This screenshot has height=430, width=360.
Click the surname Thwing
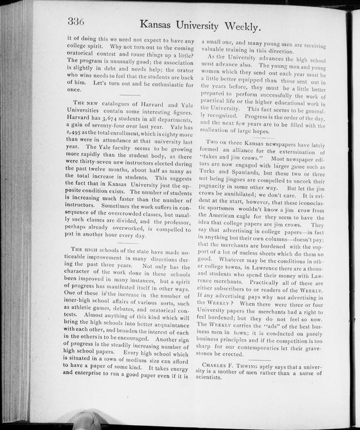[262, 365]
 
